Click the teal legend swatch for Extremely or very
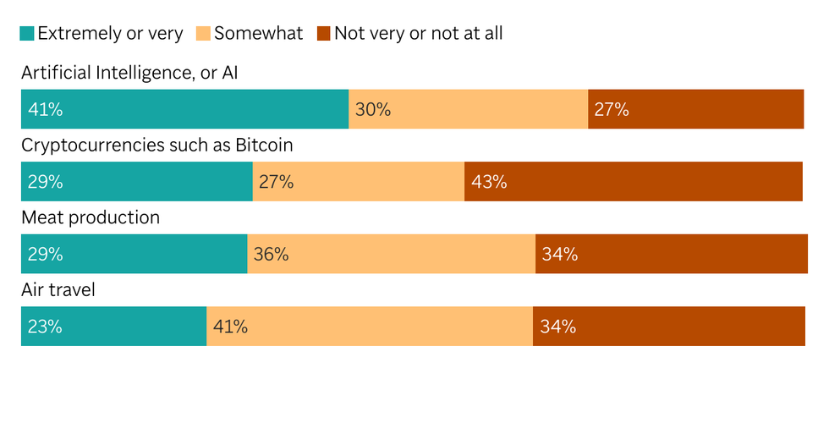click(x=27, y=34)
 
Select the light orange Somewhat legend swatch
click(x=203, y=34)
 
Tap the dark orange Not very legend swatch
click(x=323, y=34)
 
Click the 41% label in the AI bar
click(x=45, y=109)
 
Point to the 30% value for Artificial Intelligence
click(x=372, y=109)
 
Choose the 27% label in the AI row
click(x=612, y=109)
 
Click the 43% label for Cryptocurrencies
click(x=489, y=182)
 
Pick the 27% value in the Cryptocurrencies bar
click(x=276, y=182)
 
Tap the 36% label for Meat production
click(x=271, y=254)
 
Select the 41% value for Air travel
click(x=230, y=327)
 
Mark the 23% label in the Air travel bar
click(x=45, y=327)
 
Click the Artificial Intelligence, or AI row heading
click(x=129, y=73)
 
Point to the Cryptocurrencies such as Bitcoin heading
click(x=156, y=146)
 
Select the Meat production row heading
click(x=91, y=217)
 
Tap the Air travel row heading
click(x=58, y=290)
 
